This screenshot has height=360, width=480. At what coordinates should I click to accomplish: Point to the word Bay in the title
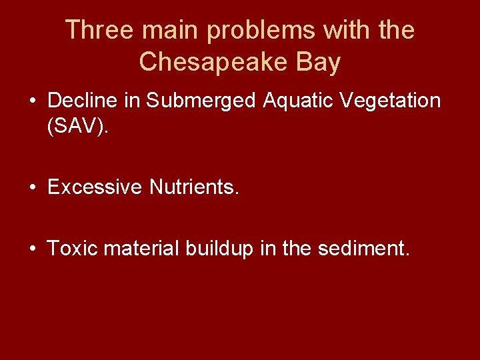click(x=318, y=62)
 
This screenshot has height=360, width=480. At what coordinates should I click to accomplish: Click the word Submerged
click(x=201, y=101)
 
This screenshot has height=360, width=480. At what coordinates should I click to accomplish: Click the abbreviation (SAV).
click(x=77, y=127)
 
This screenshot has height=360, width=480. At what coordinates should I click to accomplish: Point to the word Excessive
click(x=95, y=187)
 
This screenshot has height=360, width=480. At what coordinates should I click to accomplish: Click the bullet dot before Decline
click(x=32, y=101)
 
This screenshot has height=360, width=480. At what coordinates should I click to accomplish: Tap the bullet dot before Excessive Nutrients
click(x=32, y=188)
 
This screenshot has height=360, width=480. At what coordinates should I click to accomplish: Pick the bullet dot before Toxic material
click(x=32, y=249)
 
